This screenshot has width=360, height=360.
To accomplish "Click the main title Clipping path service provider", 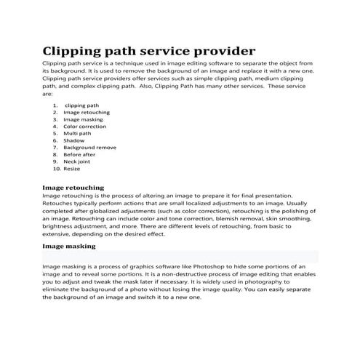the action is [148, 51].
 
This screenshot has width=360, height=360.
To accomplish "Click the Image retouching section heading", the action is [73, 187].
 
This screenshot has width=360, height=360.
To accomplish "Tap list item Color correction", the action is [85, 127].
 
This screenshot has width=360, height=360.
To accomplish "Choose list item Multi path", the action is [77, 134].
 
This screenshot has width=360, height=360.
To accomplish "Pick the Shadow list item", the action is [73, 140].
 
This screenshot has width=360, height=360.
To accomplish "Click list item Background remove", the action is [89, 148].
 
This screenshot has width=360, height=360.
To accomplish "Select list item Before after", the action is [79, 154].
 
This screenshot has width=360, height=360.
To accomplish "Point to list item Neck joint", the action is [76, 161].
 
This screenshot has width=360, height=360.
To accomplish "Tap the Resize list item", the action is [72, 169].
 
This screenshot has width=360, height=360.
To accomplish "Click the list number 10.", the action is [57, 169].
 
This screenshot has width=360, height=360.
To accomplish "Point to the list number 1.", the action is [55, 105].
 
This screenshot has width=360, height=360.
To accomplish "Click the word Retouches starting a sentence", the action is [60, 204].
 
